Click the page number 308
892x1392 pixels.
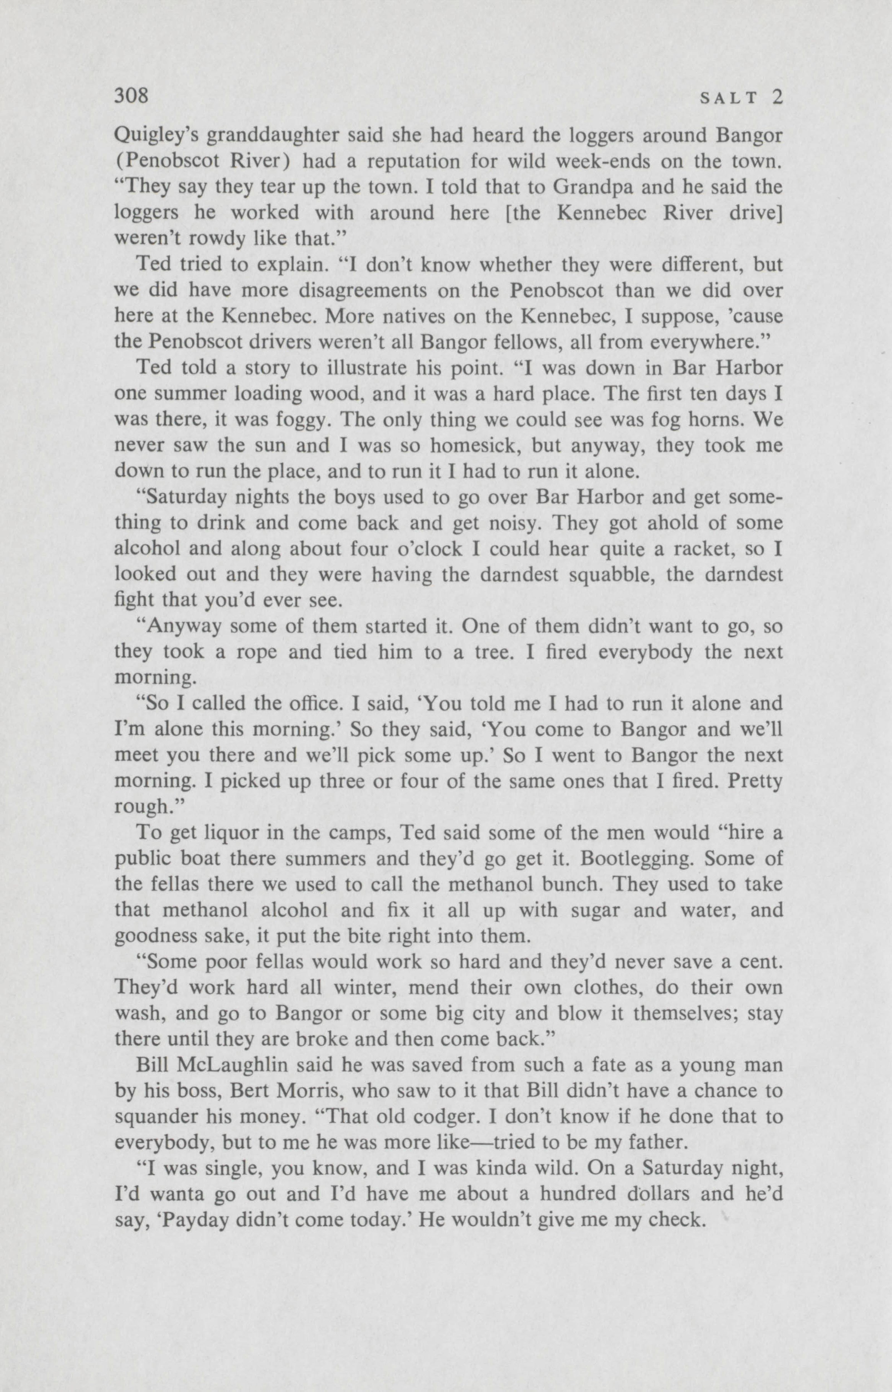click(132, 95)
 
